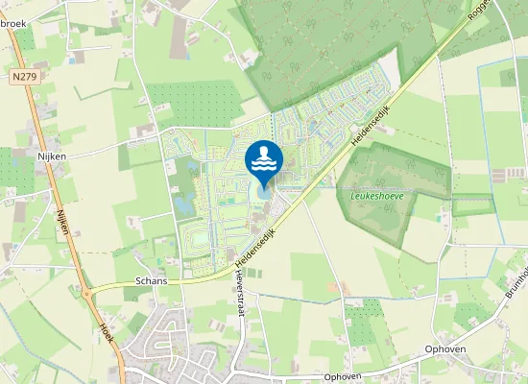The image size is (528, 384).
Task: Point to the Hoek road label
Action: pyautogui.click(x=107, y=332)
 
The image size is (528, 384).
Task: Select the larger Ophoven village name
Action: pyautogui.click(x=447, y=348)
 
